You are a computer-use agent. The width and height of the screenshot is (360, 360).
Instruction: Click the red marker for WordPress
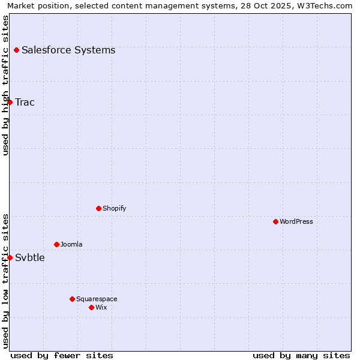pos(275,221)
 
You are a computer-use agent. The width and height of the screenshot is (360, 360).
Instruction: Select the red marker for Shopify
pos(98,208)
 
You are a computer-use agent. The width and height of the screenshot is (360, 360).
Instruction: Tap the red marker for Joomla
pos(56,244)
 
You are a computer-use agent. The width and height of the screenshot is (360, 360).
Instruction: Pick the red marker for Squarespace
pos(72,299)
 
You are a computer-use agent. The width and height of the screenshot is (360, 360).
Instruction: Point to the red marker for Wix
pos(91,307)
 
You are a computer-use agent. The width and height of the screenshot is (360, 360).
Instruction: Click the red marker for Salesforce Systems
pos(16,50)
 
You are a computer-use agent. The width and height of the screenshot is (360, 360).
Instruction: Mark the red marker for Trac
pos(10,102)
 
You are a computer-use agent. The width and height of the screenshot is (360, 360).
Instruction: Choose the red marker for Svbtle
pos(10,257)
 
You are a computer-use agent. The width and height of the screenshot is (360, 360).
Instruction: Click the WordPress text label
pos(296,221)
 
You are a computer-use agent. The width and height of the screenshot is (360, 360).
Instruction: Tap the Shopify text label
pos(114,208)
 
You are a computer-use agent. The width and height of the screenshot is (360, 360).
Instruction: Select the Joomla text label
pos(71,244)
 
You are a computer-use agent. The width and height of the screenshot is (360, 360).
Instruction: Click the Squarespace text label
pos(97,299)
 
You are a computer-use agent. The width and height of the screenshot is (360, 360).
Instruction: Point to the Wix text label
pos(101,307)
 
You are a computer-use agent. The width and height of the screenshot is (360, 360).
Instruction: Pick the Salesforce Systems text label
pos(68,50)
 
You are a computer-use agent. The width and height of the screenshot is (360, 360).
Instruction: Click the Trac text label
pos(25,102)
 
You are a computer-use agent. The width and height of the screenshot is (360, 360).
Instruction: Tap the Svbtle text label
pos(30,257)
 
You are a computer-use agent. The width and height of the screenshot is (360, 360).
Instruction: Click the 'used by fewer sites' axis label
pos(62,355)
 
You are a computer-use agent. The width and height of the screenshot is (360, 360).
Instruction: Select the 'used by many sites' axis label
pos(301,355)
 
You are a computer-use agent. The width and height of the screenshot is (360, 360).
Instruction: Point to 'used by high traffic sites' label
pos(6,85)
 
